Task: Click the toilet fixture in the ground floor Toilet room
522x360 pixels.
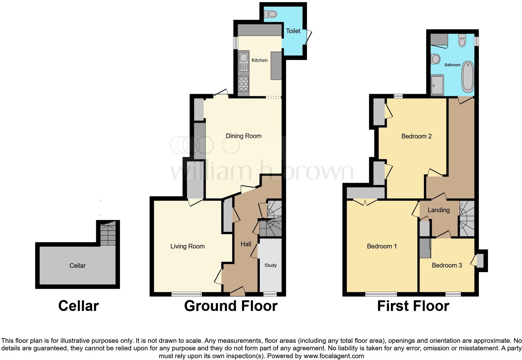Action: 271,14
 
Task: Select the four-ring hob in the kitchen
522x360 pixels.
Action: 244,83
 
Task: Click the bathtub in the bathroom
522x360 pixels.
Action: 468,77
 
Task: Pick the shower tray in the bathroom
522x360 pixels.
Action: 437,85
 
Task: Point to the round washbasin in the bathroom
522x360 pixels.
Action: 436,59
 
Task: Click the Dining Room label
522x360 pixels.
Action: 244,136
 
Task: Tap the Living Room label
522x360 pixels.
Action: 187,246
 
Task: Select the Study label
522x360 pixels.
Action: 270,265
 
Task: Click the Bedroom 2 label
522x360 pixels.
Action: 416,136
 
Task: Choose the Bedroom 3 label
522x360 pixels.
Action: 447,265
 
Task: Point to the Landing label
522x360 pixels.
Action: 438,210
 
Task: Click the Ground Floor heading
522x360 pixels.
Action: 231,306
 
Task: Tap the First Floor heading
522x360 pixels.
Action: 413,306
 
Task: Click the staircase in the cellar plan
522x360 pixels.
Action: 108,233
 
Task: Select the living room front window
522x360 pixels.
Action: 187,294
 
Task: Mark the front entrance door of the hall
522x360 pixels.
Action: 237,292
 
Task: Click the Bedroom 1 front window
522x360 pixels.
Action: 381,294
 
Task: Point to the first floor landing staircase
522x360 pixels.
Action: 467,219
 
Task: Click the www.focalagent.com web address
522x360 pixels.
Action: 333,356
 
